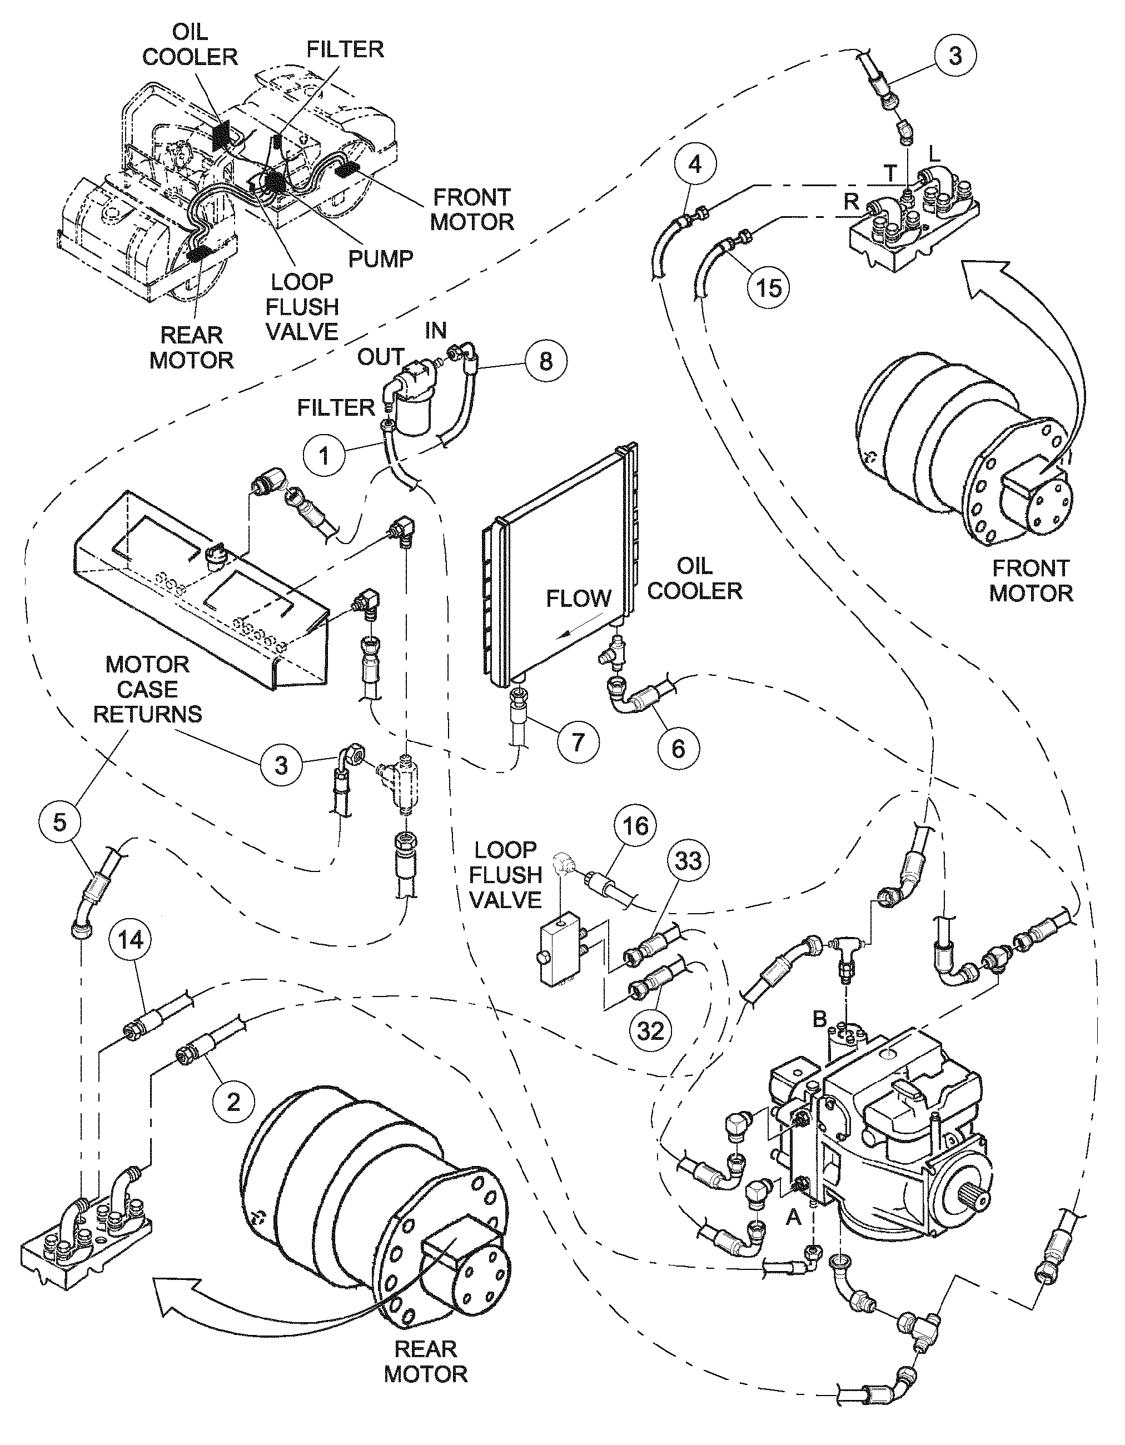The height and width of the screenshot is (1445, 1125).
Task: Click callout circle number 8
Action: [x=546, y=361]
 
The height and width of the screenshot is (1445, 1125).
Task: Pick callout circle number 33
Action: [x=688, y=861]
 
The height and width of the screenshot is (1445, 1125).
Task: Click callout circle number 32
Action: [x=650, y=1030]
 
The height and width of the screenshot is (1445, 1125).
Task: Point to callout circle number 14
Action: [x=131, y=939]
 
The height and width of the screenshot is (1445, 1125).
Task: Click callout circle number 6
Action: [x=678, y=748]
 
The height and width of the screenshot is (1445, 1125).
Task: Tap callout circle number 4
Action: [x=694, y=163]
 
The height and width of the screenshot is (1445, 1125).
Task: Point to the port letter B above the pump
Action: [x=819, y=1019]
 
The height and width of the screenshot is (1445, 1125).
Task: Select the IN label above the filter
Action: [x=435, y=330]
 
